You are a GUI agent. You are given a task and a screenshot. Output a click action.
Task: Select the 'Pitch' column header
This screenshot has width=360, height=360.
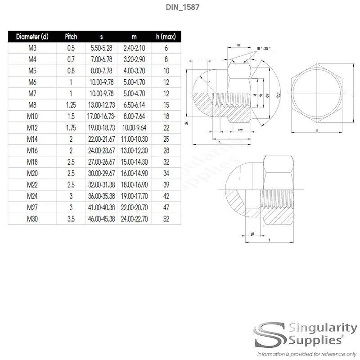click(x=71, y=36)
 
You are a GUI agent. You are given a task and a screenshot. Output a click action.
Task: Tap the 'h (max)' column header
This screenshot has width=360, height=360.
click(x=166, y=36)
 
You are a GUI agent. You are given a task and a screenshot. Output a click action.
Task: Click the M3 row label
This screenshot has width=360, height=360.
click(x=32, y=48)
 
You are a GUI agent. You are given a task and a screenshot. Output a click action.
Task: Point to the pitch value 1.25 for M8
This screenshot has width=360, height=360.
click(x=71, y=104)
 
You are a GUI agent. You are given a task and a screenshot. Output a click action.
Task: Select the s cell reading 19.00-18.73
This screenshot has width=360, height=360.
click(x=101, y=127)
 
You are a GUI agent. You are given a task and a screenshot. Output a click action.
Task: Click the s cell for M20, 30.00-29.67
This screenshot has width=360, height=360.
click(x=101, y=173)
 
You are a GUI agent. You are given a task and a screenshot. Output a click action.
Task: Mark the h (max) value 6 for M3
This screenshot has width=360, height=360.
click(x=166, y=48)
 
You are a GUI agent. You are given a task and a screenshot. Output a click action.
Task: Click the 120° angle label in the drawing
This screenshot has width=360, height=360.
click(x=279, y=95)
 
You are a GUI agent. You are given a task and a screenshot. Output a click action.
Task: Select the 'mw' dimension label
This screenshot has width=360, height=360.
click(x=241, y=130)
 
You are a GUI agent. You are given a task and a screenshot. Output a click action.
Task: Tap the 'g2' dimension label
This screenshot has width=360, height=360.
click(x=252, y=234)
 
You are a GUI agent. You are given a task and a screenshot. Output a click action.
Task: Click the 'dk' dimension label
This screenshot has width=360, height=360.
click(x=186, y=123)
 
